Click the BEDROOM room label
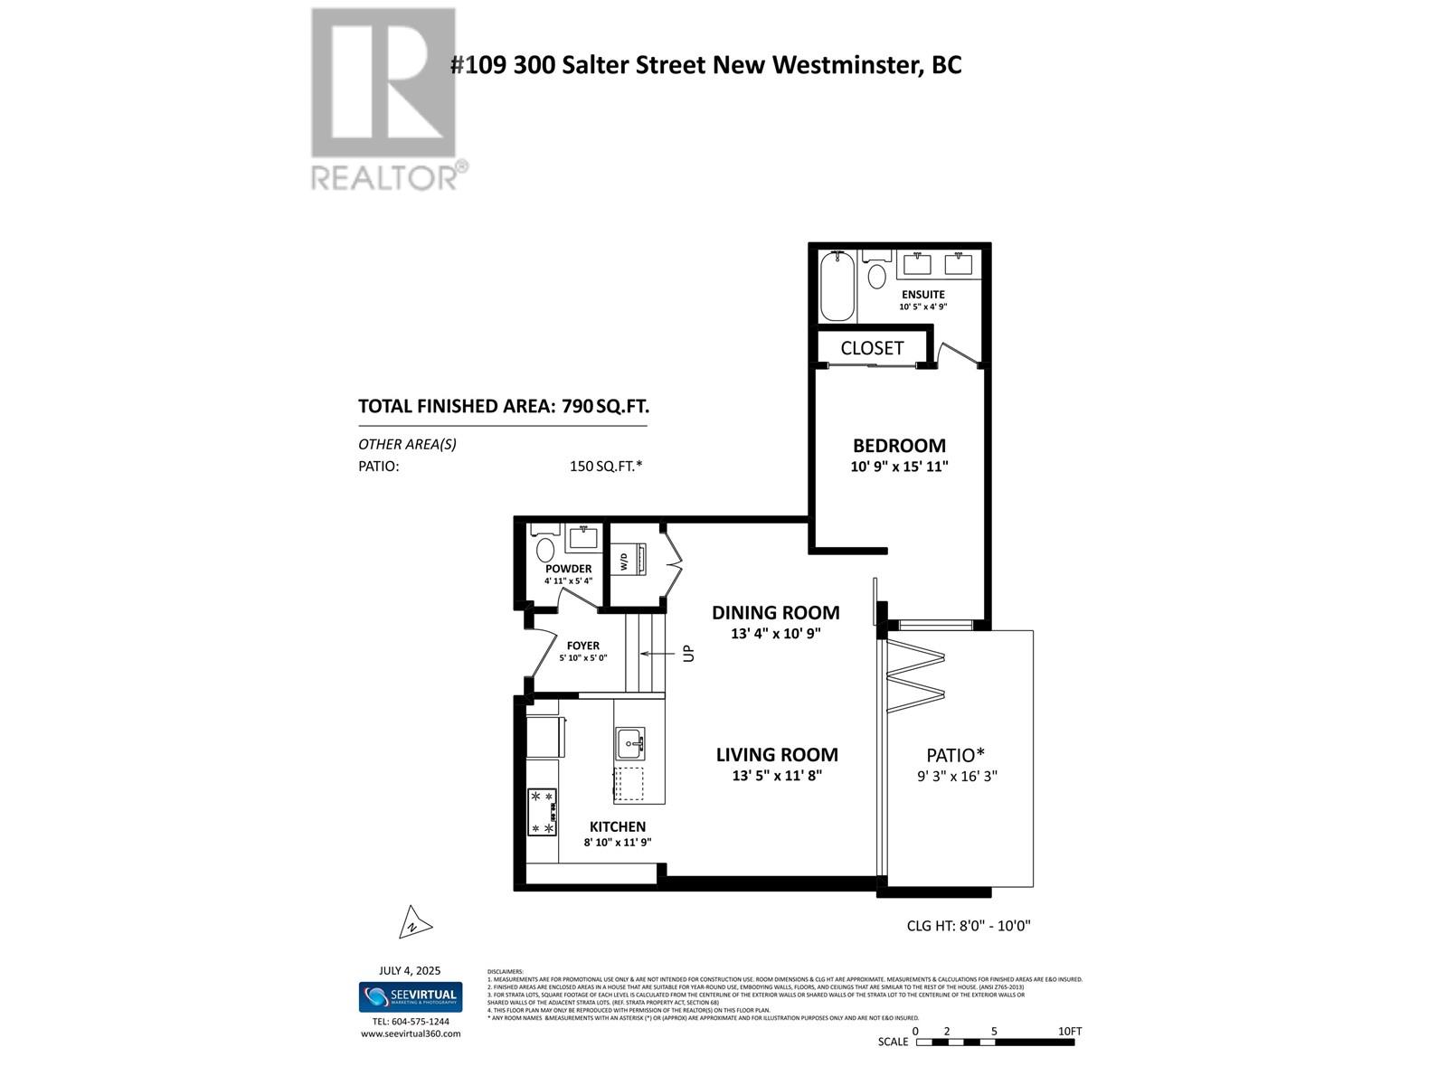pyautogui.click(x=899, y=446)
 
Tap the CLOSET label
pyautogui.click(x=872, y=348)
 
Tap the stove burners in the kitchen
pyautogui.click(x=543, y=812)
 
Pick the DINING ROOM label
pyautogui.click(x=775, y=613)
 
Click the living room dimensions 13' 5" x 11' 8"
pyautogui.click(x=777, y=776)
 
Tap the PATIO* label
pyautogui.click(x=955, y=755)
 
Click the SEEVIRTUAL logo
pyautogui.click(x=411, y=997)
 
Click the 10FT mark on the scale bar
pyautogui.click(x=1069, y=1032)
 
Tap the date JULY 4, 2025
pyautogui.click(x=410, y=970)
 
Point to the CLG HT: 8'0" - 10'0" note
pyautogui.click(x=969, y=926)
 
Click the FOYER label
pyautogui.click(x=583, y=646)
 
